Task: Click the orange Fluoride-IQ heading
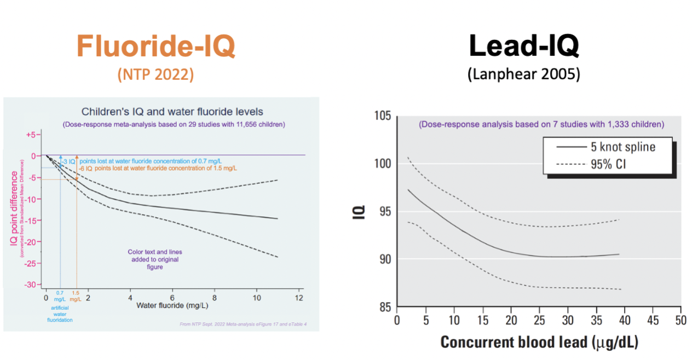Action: (156, 47)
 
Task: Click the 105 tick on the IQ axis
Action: (382, 116)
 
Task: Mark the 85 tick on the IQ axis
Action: (384, 307)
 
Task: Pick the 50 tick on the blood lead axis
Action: (681, 319)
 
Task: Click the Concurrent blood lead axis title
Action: (539, 342)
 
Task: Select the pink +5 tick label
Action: (34, 134)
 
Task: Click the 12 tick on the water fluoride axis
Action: (299, 299)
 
